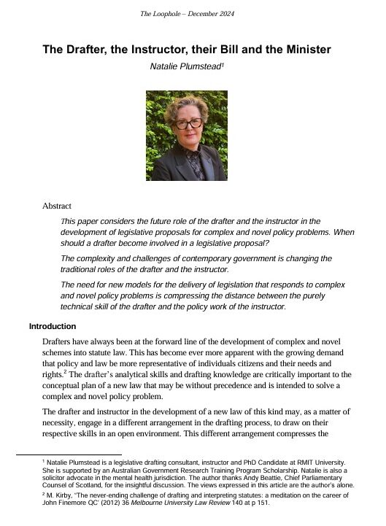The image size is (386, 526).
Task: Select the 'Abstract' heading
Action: click(57, 206)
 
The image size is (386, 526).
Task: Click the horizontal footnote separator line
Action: click(58, 454)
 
